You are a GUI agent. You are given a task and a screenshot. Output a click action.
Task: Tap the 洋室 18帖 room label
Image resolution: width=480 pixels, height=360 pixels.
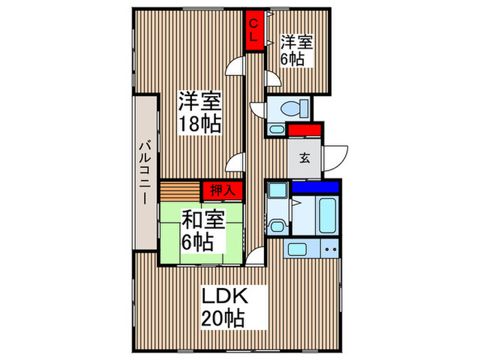[200, 112]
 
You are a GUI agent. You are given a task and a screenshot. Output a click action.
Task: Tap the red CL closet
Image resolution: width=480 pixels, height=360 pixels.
[254, 32]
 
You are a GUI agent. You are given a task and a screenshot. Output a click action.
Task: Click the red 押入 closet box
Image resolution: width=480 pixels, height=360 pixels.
[221, 190]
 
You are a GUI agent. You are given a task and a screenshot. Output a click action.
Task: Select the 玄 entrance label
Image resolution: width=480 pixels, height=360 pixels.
[304, 157]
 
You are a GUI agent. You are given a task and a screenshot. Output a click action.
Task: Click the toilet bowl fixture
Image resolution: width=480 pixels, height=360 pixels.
[291, 108]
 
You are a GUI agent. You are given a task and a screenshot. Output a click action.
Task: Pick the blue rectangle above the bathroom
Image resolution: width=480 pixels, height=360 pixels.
[315, 186]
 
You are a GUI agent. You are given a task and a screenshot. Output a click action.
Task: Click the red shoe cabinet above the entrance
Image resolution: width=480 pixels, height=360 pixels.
[304, 130]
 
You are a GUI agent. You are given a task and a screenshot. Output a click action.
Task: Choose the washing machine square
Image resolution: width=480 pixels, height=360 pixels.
[277, 191]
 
